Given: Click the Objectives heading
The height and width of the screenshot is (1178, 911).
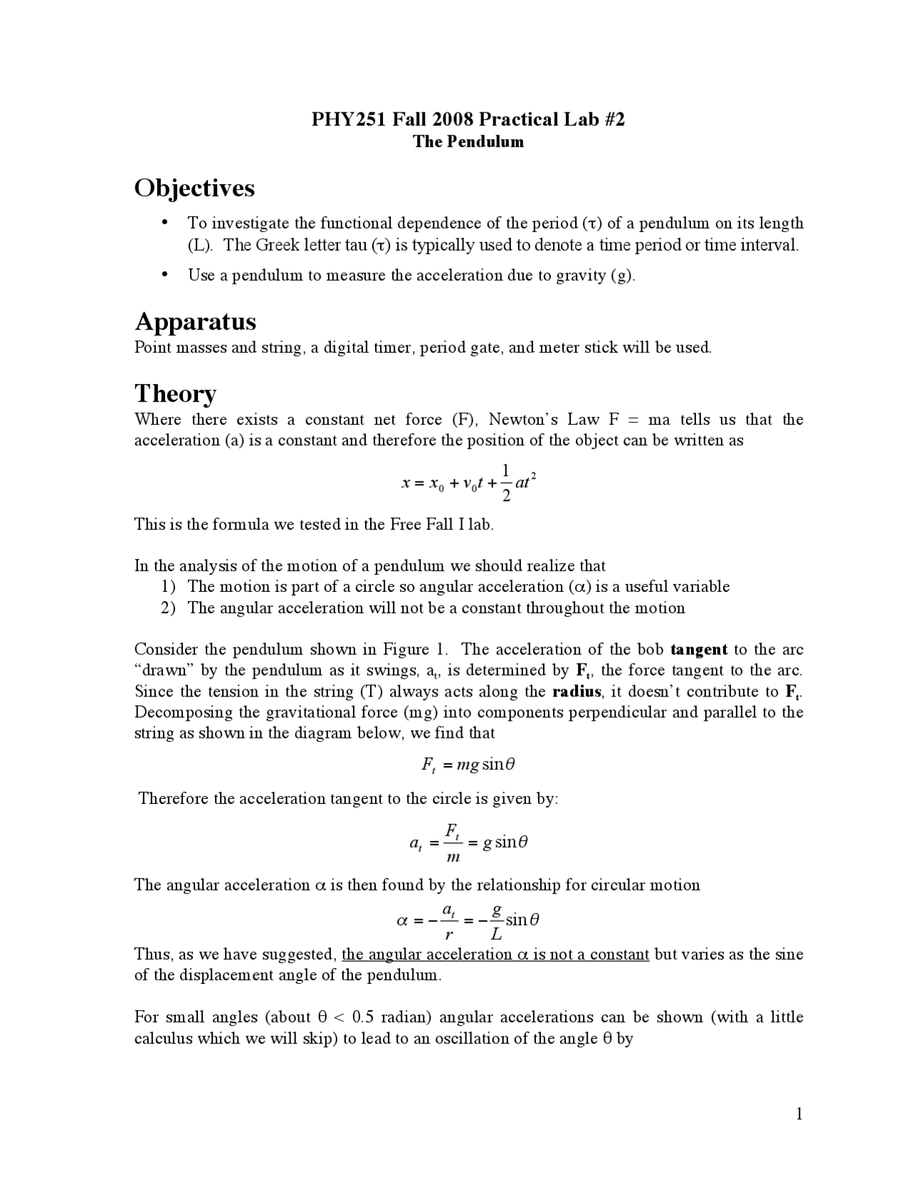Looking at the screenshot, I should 194,189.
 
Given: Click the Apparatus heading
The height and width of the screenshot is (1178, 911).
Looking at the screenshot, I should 196,322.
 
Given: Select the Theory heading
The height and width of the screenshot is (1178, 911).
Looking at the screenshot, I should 175,393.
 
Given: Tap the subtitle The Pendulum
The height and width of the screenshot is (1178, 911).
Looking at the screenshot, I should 468,142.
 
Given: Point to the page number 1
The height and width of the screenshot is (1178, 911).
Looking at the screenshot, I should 799,1114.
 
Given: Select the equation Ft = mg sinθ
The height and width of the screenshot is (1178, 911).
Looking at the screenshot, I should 468,765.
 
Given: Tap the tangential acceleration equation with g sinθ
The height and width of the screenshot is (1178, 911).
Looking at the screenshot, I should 468,842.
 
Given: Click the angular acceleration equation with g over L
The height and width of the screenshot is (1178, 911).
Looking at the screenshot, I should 468,920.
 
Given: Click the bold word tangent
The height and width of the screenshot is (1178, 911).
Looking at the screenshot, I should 699,649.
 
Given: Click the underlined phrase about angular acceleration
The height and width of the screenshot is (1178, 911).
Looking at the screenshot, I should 495,955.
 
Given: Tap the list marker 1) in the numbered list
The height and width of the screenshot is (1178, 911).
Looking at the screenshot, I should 168,587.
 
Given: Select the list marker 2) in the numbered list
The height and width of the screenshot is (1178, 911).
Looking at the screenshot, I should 168,608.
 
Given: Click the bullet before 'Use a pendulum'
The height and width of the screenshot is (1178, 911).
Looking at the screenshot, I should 165,275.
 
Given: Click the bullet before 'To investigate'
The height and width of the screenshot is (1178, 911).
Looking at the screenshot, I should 165,223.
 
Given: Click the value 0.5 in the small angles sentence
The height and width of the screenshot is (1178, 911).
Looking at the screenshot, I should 363,1017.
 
